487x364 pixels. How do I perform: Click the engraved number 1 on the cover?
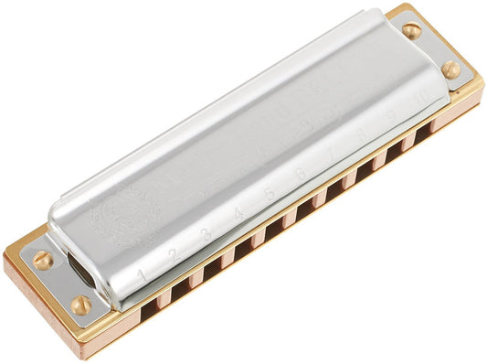pos(142,275)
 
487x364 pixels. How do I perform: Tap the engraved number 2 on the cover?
pos(174,254)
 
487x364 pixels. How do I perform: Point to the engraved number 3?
pos(206,235)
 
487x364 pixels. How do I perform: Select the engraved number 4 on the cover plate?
pos(238,215)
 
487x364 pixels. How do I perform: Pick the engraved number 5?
pos(269,195)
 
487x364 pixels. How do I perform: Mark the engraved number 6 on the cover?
pos(299,175)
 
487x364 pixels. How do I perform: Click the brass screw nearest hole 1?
pos(81,305)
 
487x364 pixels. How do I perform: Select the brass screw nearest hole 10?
pos(450,69)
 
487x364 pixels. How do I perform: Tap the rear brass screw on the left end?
pos(42,260)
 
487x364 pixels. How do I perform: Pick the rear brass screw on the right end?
pos(411,30)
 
